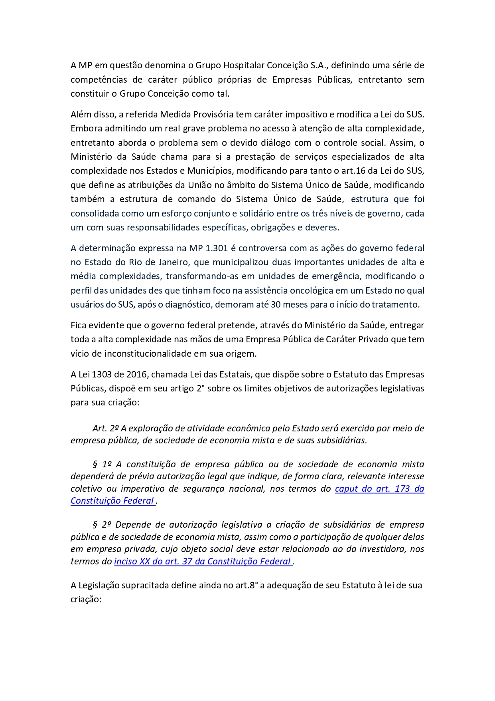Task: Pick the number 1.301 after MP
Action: [216, 248]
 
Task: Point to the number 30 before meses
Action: [276, 304]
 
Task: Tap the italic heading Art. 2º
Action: [106, 428]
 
